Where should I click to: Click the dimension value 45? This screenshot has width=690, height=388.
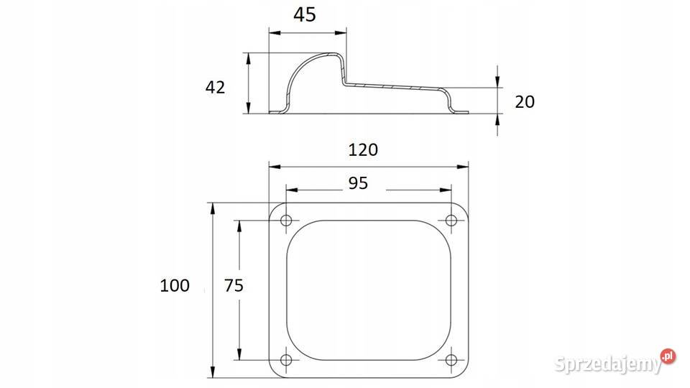click(305, 14)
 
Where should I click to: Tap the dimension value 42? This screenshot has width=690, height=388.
click(215, 87)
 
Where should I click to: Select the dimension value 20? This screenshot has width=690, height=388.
click(525, 101)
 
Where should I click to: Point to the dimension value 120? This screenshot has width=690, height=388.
click(363, 150)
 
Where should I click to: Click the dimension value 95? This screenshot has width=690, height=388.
click(358, 183)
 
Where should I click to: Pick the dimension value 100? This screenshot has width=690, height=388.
click(175, 285)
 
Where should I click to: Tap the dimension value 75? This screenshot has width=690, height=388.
click(234, 285)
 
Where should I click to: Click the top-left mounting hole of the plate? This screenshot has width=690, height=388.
click(287, 220)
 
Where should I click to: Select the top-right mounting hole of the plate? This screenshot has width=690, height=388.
click(451, 220)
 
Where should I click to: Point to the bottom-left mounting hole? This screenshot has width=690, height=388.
click(287, 360)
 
